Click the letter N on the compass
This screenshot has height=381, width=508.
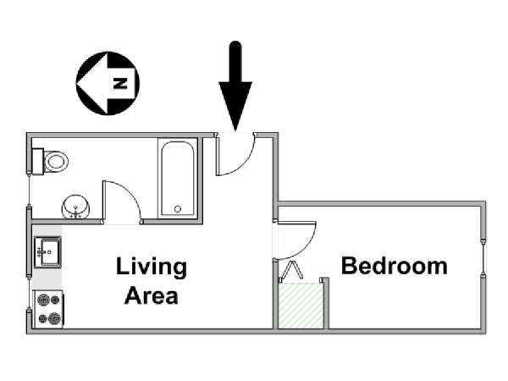[120, 83]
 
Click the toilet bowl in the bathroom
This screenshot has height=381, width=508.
[56, 162]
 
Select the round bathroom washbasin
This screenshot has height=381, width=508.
[76, 207]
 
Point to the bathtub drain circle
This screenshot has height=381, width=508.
[178, 209]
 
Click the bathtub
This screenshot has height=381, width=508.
[178, 179]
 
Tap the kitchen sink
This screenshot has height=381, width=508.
[47, 252]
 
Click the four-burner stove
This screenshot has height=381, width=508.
[48, 309]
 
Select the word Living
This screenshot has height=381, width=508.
[152, 267]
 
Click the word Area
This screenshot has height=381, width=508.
[152, 295]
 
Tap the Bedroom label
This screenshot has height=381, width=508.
[395, 266]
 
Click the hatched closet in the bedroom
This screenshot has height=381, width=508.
[301, 306]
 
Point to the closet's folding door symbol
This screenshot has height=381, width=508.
[292, 270]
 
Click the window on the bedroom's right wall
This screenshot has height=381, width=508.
[483, 258]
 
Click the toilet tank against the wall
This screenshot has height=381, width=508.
[38, 162]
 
